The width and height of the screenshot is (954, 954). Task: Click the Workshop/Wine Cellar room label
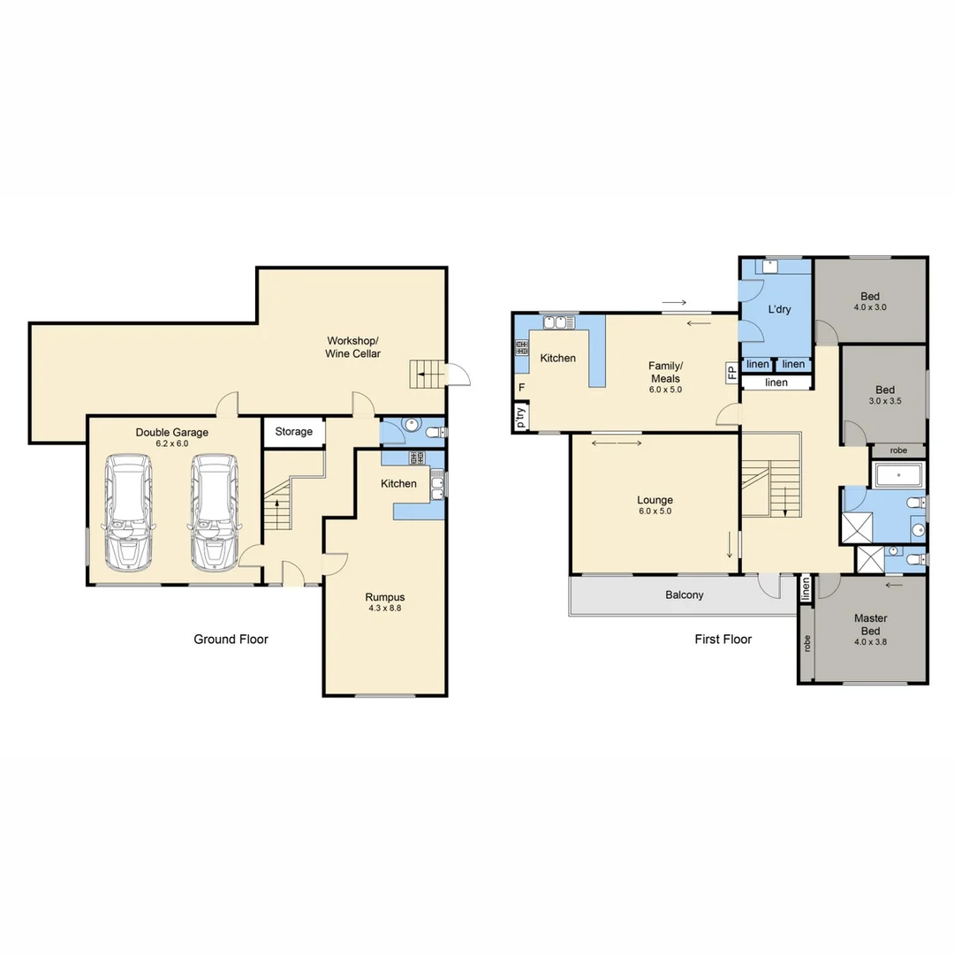coord(353,347)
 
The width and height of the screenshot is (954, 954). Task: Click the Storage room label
coord(293,432)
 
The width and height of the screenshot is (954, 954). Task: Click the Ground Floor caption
coord(231,639)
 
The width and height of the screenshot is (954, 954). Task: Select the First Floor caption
coord(723,639)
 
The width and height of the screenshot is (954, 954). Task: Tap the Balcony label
coord(685,595)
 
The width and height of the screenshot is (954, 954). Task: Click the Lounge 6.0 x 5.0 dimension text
coord(655,511)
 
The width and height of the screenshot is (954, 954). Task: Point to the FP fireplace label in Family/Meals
coord(731,371)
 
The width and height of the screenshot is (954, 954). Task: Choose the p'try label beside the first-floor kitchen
coord(521,416)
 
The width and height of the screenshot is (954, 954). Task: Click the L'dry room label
coord(779,310)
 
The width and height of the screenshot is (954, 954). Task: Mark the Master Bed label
coord(870,625)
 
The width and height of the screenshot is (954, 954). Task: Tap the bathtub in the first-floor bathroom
coord(897,476)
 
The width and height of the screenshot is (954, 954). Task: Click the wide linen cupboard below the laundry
coord(776,382)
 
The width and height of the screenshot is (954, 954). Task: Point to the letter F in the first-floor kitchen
coord(521,388)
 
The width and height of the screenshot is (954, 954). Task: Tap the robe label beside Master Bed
coord(806,644)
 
